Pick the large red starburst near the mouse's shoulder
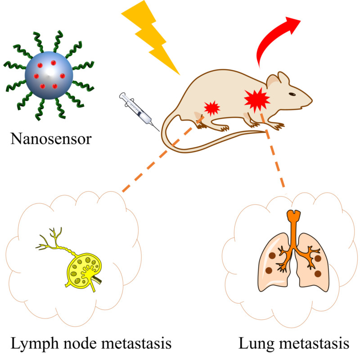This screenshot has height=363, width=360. [256, 99]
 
